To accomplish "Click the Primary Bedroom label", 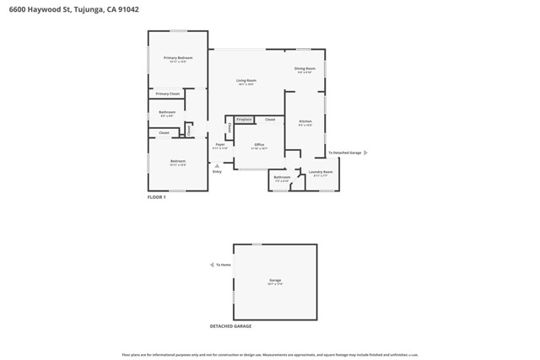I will click(x=178, y=58).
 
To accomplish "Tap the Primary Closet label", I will click(x=167, y=94).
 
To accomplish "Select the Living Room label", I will click(x=246, y=80).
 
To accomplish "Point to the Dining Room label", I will click(x=305, y=68).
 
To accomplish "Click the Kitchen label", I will click(x=305, y=121).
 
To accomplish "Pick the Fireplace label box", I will click(x=244, y=120).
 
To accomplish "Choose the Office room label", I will click(x=259, y=145).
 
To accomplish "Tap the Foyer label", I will click(x=219, y=145).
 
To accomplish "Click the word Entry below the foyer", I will click(x=217, y=172).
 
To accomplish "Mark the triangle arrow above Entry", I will click(x=217, y=166).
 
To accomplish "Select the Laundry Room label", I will click(x=321, y=172).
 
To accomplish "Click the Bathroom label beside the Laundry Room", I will click(x=281, y=177).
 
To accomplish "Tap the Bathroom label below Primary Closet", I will click(x=167, y=112).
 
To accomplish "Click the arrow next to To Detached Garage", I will click(x=365, y=153).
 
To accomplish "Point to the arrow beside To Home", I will click(x=211, y=265).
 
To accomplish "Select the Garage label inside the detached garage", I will click(x=275, y=280).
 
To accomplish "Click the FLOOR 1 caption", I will click(x=157, y=196).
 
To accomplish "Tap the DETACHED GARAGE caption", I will click(x=230, y=326).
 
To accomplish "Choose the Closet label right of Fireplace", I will click(x=270, y=120).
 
